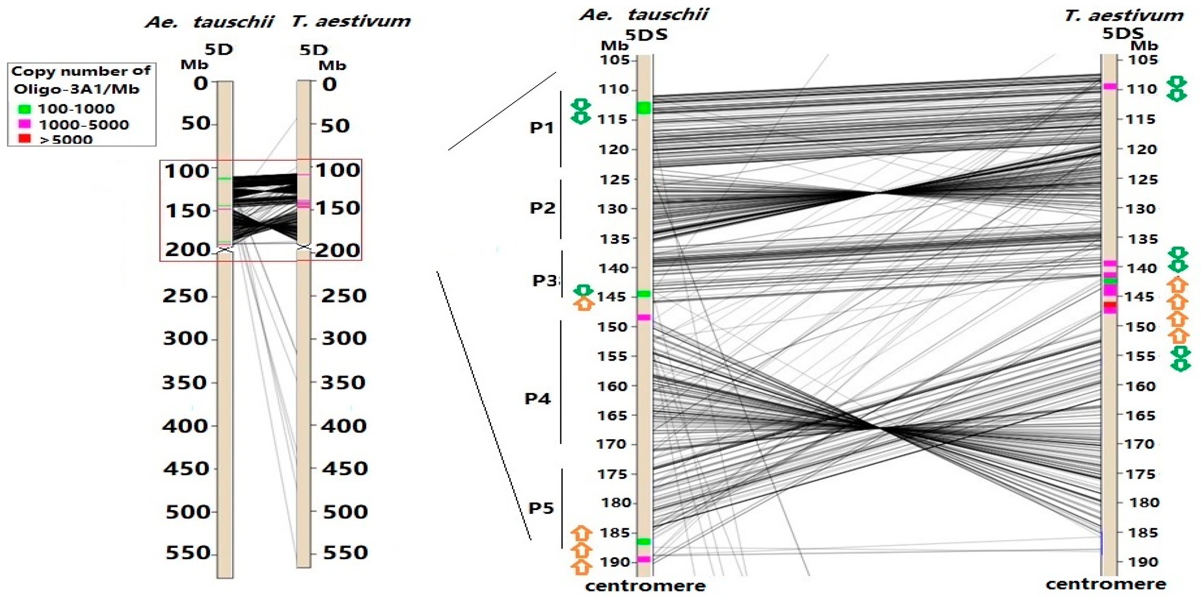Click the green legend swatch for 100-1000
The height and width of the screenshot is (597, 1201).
coord(24,109)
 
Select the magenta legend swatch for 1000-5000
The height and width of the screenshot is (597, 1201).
coord(24,124)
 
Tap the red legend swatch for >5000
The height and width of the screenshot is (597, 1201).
coord(24,138)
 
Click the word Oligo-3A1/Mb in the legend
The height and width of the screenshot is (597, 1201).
coord(76,89)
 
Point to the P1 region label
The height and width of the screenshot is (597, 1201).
coord(542,128)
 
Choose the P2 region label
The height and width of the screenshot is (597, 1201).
coord(542,208)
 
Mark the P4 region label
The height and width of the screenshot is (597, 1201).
coord(538,399)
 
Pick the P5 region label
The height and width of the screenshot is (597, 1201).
coord(541,508)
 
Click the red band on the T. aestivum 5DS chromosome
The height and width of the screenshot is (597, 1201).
coord(1110,305)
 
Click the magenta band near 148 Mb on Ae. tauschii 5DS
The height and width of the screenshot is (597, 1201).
coord(644,318)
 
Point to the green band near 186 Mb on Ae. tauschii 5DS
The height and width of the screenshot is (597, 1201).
coord(644,541)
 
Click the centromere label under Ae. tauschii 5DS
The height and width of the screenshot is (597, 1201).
coord(645,586)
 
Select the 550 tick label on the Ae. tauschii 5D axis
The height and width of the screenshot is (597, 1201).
coord(186,553)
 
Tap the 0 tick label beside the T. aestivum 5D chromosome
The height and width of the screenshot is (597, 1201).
coord(329,85)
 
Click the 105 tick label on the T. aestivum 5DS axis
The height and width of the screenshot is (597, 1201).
coord(1142,60)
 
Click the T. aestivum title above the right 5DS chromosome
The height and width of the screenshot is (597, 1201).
coord(1123,16)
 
